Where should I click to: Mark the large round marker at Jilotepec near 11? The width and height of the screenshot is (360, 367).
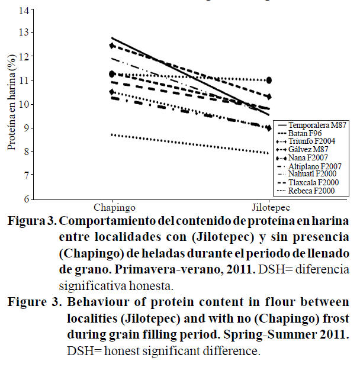(x=269, y=80)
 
